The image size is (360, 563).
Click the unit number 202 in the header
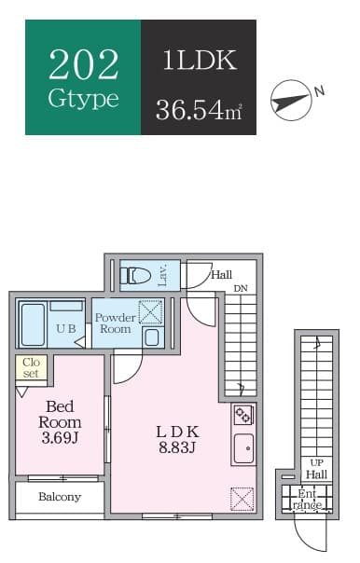click(x=83, y=63)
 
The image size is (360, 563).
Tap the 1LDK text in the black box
click(x=198, y=62)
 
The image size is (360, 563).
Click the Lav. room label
click(x=162, y=274)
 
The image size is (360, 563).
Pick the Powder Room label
click(x=115, y=323)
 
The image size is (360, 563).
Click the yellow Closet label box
click(x=31, y=367)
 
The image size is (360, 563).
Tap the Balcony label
click(x=60, y=497)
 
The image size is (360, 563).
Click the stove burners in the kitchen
click(x=242, y=415)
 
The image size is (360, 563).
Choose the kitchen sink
click(x=242, y=446)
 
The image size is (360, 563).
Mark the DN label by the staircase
click(x=241, y=288)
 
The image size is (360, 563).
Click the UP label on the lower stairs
click(x=315, y=463)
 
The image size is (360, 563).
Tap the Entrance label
click(x=309, y=499)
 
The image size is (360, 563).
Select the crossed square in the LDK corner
click(x=242, y=500)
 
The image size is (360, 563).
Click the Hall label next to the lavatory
click(x=221, y=275)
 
